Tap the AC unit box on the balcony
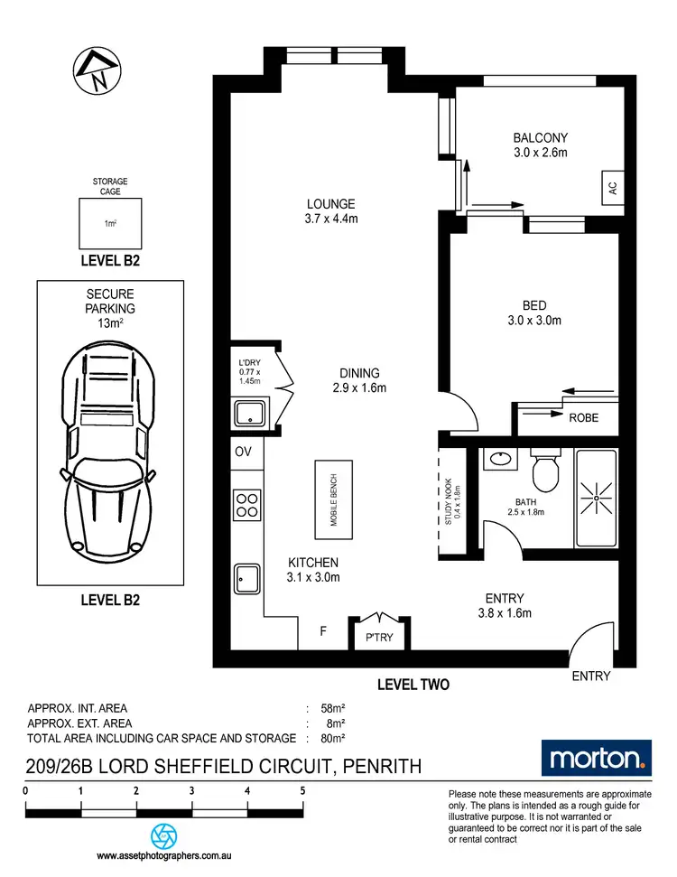(x=611, y=189)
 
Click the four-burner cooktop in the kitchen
(x=246, y=505)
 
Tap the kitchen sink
(x=246, y=579)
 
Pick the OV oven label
(x=243, y=452)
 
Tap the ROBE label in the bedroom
(x=582, y=418)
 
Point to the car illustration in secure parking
(x=109, y=449)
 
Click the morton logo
(x=595, y=757)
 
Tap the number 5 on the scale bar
(x=302, y=790)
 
